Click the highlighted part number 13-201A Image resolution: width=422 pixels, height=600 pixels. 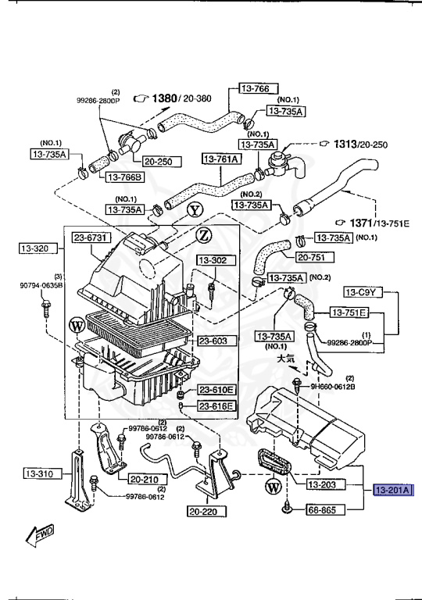coord(395,490)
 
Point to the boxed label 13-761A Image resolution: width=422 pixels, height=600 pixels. coord(222,159)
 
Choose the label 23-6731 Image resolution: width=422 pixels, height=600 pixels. coord(92,237)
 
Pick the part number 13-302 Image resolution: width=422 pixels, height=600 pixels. coord(211,259)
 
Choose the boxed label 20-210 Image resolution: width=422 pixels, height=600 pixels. coord(145,480)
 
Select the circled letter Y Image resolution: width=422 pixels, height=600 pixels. coord(195,210)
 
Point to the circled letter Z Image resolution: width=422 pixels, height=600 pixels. coord(204,234)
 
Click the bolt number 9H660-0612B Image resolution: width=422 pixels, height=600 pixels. coord(332,385)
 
